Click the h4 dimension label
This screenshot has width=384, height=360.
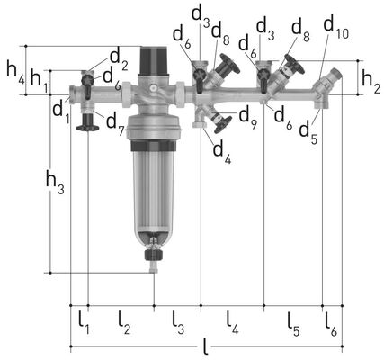click(15, 75)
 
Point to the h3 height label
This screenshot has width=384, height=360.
click(55, 182)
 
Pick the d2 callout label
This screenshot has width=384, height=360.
click(119, 59)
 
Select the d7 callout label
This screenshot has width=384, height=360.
click(115, 123)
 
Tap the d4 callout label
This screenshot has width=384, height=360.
click(222, 152)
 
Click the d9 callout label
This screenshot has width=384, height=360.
click(248, 118)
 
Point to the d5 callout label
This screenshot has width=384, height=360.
click(309, 134)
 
